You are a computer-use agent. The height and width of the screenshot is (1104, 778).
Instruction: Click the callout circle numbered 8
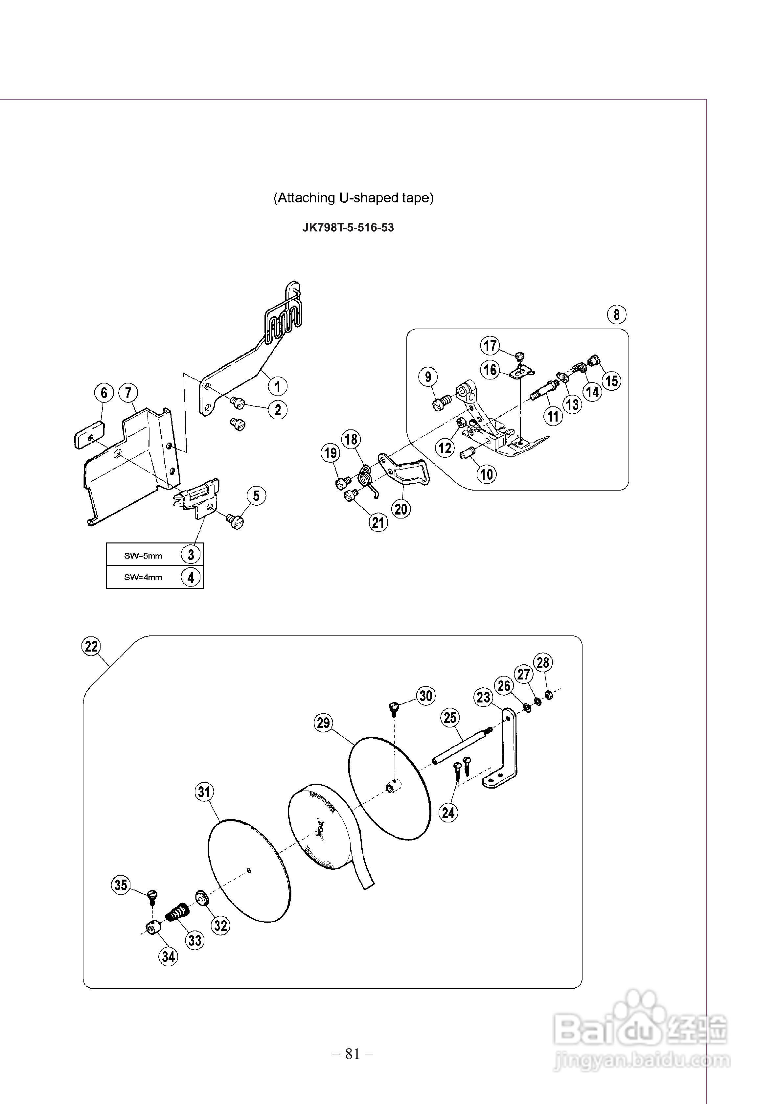click(x=616, y=315)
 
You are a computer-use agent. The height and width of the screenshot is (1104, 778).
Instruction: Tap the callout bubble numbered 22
click(x=91, y=646)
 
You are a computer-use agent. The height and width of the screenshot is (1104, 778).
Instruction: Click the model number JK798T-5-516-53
click(x=348, y=227)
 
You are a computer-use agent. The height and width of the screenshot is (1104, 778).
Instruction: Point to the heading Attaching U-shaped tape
click(x=354, y=197)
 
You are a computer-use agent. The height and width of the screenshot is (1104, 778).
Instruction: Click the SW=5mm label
click(x=143, y=555)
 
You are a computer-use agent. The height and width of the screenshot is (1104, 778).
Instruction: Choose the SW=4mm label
click(x=143, y=577)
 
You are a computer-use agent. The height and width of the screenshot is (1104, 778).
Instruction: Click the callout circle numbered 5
click(x=256, y=496)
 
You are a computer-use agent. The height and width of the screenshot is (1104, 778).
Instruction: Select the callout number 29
click(x=324, y=723)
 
